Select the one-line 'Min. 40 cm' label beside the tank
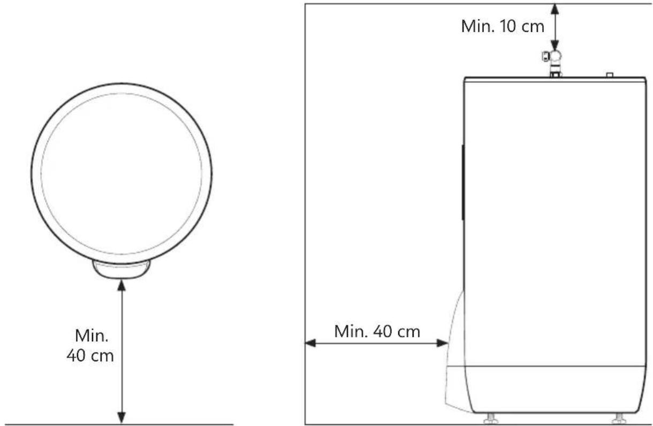(377, 331)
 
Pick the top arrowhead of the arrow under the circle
(122, 284)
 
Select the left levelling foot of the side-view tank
(487, 417)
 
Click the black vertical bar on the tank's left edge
(462, 182)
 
